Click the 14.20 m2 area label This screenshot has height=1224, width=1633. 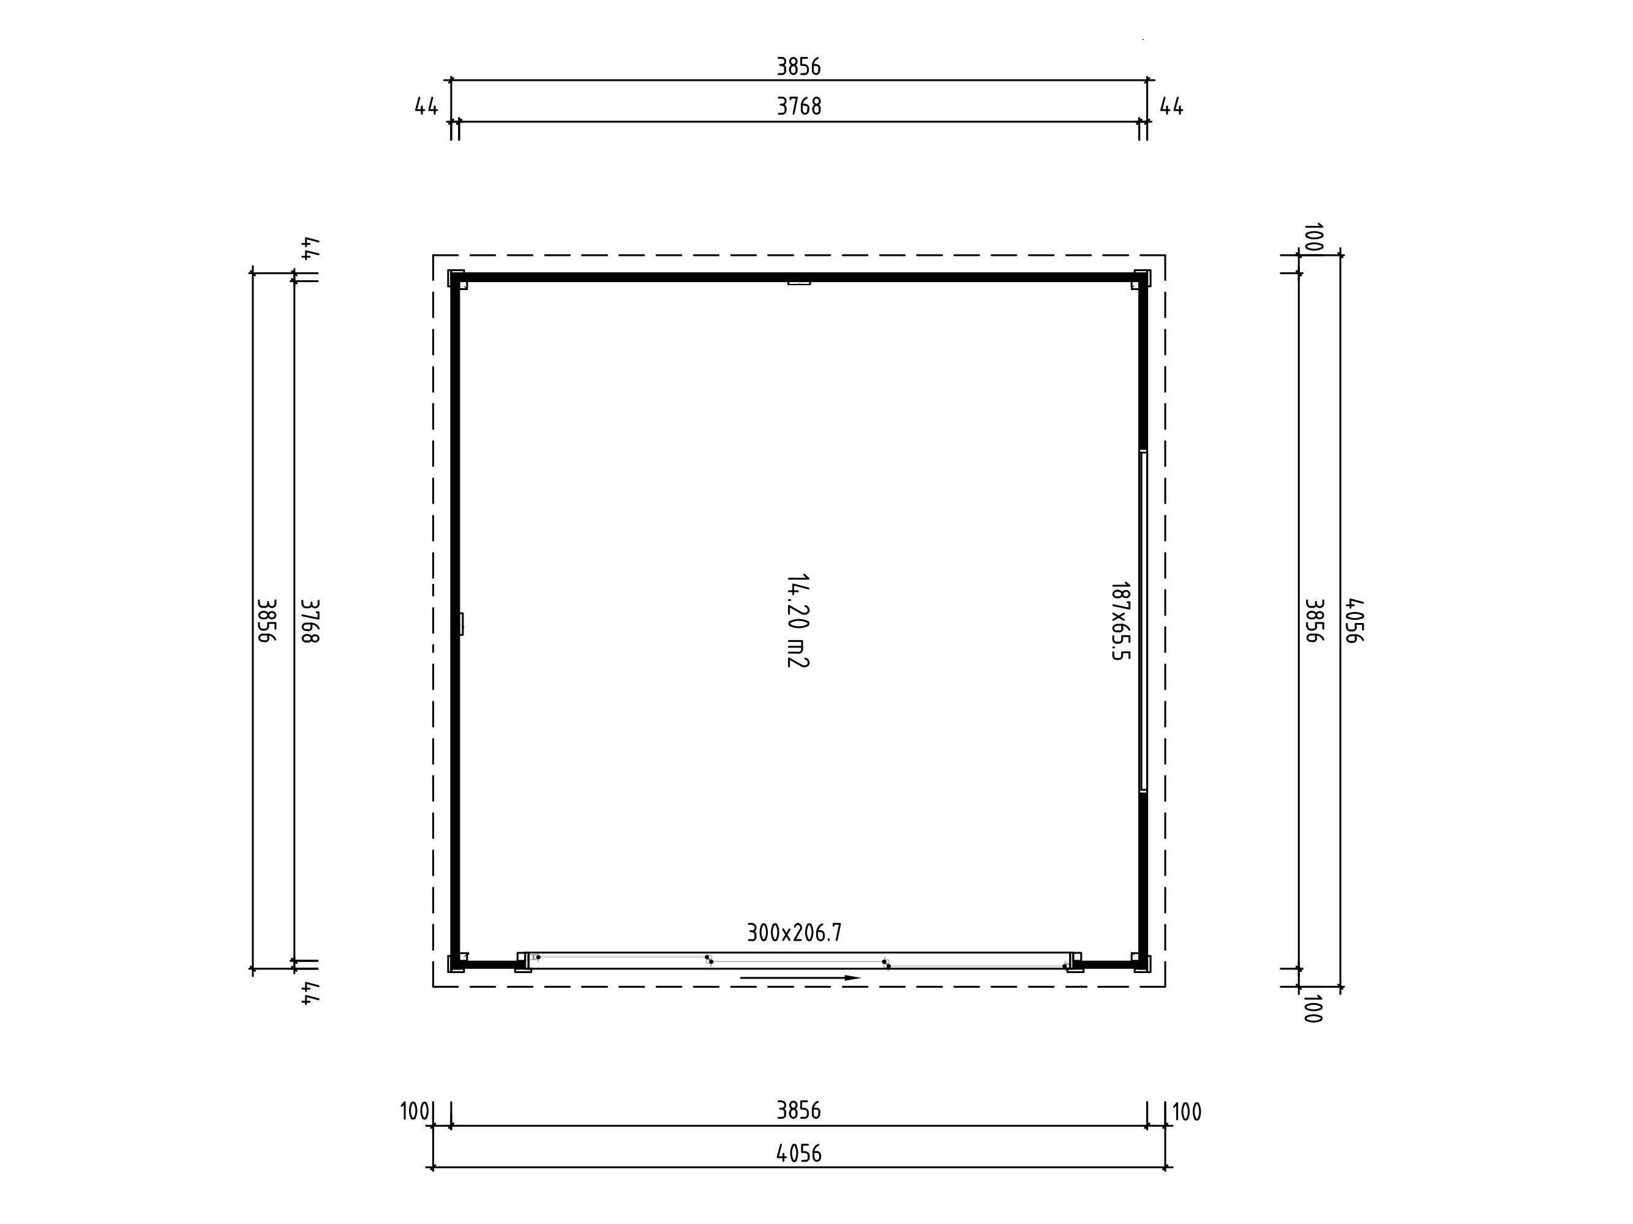coord(797,621)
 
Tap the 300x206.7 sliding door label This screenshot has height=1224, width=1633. coord(794,933)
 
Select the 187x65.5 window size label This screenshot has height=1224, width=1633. coord(1121,621)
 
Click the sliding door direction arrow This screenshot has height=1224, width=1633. coord(800,977)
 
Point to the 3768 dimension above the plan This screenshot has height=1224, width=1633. coord(799,107)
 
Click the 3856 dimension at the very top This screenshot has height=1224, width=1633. coord(799,67)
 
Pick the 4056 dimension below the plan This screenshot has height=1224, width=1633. coord(799,1153)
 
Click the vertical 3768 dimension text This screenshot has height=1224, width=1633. coord(310,621)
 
